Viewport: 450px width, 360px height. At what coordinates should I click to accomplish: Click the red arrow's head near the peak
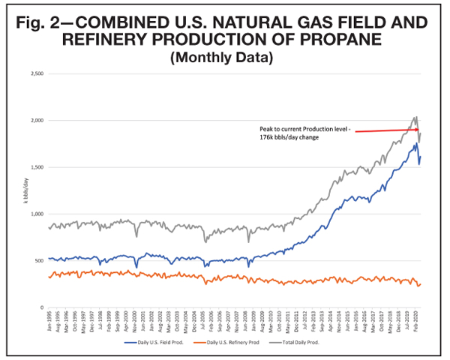pyautogui.click(x=415, y=129)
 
